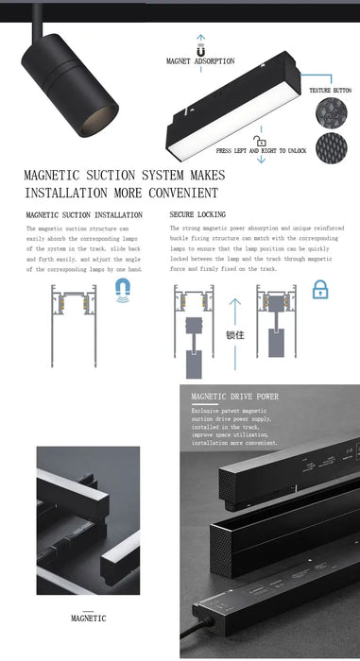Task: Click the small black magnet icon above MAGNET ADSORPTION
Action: (x=200, y=44)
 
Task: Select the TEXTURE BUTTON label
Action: (x=329, y=90)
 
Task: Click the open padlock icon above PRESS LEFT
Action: (x=247, y=141)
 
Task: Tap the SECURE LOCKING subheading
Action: (x=197, y=215)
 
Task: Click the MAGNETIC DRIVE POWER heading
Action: (x=234, y=398)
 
